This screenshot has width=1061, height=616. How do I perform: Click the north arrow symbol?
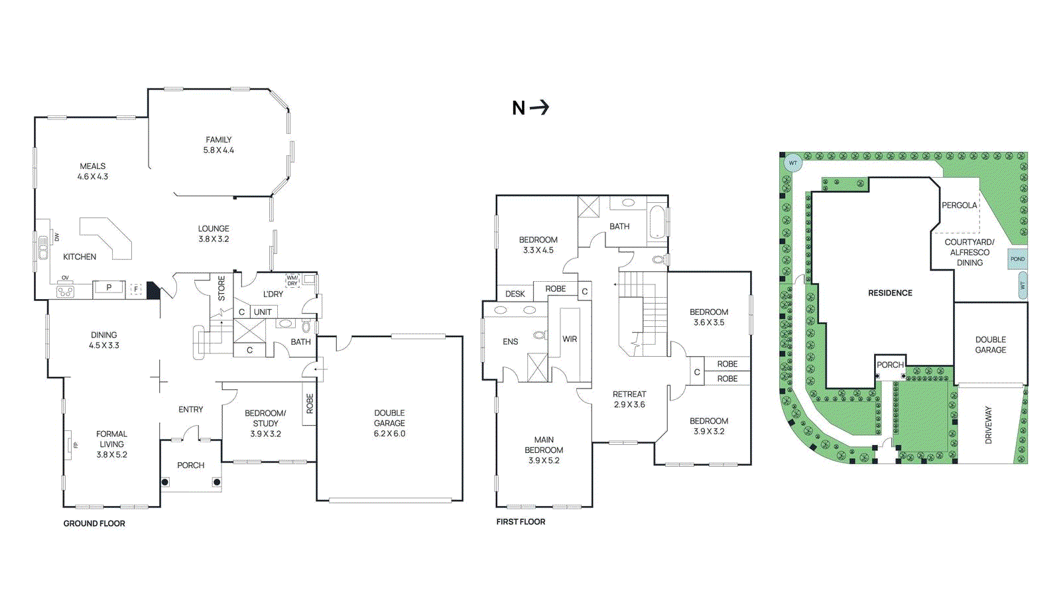[540, 107]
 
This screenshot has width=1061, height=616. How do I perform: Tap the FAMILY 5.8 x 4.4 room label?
[218, 145]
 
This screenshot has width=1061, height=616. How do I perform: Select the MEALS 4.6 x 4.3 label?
[92, 171]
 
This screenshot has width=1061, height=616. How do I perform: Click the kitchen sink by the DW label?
[43, 247]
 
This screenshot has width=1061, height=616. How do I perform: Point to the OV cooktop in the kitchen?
[65, 290]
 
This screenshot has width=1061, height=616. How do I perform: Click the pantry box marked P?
[109, 288]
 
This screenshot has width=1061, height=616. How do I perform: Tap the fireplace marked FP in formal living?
[69, 444]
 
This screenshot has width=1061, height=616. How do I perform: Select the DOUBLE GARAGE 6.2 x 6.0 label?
[389, 423]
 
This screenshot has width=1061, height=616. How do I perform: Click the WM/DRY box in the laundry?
[292, 280]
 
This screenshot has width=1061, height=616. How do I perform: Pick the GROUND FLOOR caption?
[94, 523]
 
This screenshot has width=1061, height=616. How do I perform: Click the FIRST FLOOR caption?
[521, 522]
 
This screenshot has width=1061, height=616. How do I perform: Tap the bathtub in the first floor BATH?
[657, 222]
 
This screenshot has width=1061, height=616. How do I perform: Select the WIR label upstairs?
[570, 339]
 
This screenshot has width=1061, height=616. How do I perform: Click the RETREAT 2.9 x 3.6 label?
[629, 399]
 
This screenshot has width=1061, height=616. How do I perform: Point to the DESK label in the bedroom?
[515, 294]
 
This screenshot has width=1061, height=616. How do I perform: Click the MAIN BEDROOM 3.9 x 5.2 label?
[544, 450]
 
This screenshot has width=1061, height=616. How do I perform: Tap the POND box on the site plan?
[1017, 259]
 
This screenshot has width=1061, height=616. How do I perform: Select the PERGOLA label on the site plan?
[959, 206]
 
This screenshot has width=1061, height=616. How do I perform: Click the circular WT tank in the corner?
[792, 162]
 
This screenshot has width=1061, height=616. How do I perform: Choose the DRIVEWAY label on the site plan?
[988, 425]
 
